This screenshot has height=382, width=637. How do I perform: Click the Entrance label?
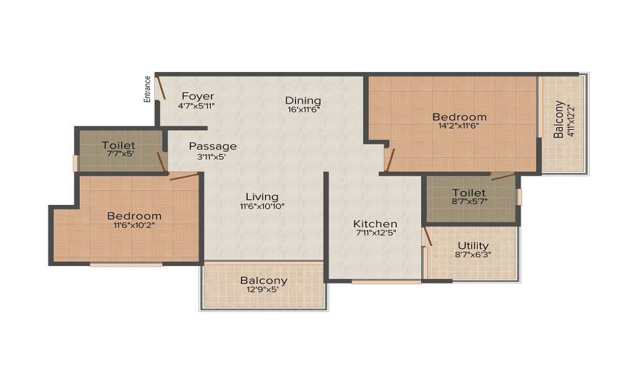click(x=148, y=89)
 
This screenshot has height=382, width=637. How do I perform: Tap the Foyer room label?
click(x=198, y=96)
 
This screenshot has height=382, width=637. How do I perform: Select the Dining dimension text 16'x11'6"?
click(x=303, y=110)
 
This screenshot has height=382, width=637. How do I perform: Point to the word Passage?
click(x=213, y=146)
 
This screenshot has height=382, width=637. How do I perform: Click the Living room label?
click(x=262, y=197)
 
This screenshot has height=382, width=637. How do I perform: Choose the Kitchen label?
click(x=375, y=223)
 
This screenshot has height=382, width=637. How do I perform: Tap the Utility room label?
click(x=473, y=246)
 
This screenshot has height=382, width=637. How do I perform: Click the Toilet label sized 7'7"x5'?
click(x=118, y=145)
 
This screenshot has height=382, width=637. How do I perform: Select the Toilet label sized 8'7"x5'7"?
click(x=469, y=192)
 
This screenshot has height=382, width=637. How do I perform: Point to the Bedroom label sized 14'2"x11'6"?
click(x=459, y=117)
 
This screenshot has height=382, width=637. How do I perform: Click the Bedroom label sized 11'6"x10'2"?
click(x=134, y=216)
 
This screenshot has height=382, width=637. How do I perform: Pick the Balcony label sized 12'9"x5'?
click(x=264, y=281)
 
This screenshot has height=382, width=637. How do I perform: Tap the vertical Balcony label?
click(x=559, y=119)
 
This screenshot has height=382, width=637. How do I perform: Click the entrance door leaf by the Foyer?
click(x=161, y=88)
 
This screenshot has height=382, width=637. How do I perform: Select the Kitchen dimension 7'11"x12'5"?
click(x=375, y=233)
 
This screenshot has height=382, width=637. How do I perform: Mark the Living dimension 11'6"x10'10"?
click(x=262, y=206)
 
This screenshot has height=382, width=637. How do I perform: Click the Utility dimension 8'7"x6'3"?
click(x=473, y=255)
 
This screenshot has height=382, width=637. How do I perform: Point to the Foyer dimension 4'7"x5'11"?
click(x=196, y=106)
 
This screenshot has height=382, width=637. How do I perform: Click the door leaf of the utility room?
click(x=427, y=236)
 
